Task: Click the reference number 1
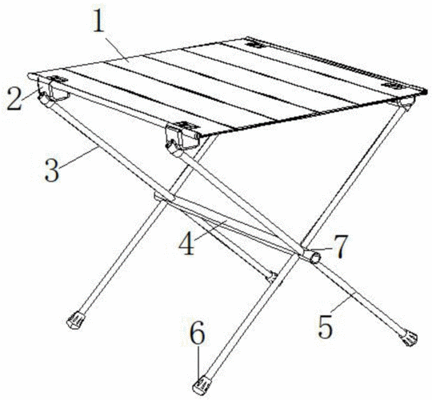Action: (x=99, y=21)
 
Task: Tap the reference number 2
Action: (x=14, y=98)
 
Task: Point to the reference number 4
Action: (x=186, y=242)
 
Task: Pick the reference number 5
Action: (x=326, y=326)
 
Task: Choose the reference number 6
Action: (x=198, y=332)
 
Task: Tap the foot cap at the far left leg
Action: (x=76, y=320)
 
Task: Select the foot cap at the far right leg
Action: (x=409, y=338)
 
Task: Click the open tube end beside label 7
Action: (x=315, y=258)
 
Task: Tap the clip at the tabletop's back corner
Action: (x=255, y=44)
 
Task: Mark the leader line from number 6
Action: (x=198, y=362)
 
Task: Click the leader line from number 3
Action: (x=78, y=157)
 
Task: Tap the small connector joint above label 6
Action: (x=271, y=277)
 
